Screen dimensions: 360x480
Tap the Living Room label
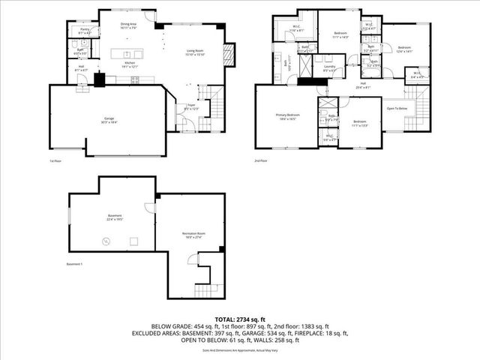[196, 52]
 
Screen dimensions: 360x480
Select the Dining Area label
[128, 25]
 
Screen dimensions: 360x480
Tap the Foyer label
[190, 106]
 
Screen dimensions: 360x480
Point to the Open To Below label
[397, 108]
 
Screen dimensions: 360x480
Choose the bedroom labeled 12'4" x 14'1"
[404, 49]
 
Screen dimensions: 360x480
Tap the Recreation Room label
[193, 235]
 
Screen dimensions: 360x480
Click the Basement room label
[113, 217]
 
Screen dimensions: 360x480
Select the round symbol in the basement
[106, 241]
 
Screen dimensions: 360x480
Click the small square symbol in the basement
[133, 241]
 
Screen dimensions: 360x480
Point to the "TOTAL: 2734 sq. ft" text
[239, 318]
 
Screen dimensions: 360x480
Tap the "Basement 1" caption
[74, 265]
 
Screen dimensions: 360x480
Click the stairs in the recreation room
[204, 289]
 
